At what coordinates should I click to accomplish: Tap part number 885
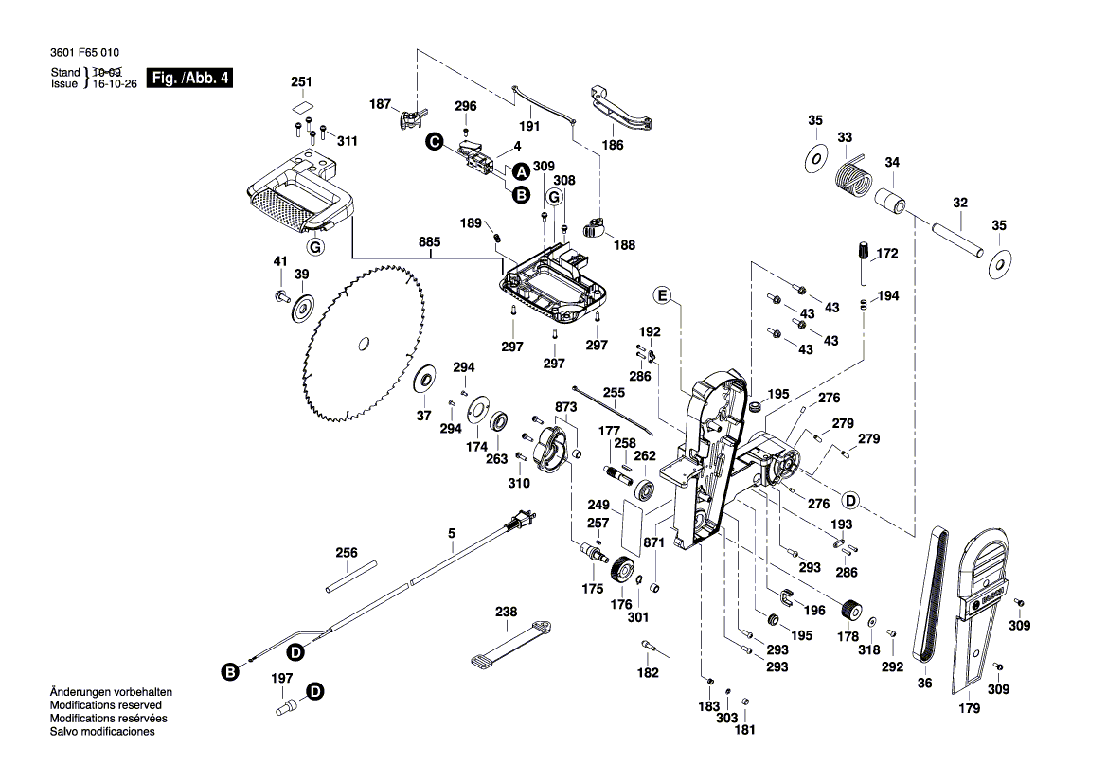click(429, 242)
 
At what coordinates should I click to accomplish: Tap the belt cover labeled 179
click(979, 606)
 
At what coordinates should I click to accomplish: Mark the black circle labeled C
click(434, 142)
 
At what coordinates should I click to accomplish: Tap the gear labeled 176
click(621, 571)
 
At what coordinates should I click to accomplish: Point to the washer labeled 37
click(423, 381)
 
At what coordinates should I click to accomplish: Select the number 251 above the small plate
click(301, 83)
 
